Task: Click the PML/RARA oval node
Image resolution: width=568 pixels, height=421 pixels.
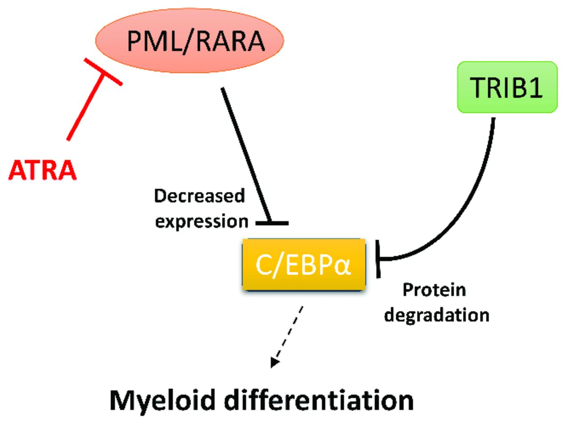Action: pos(189,40)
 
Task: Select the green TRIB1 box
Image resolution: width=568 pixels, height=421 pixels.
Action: pos(507,87)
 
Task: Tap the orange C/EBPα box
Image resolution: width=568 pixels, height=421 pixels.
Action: pos(304,265)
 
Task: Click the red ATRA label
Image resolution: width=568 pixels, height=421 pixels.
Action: pos(43,171)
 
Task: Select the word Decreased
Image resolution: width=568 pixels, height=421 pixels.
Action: pos(199,196)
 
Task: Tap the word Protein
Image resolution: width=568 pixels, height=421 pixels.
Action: pos(434,291)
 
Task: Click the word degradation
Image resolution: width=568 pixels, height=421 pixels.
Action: pos(437,315)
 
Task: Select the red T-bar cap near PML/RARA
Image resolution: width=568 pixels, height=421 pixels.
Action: pos(103,72)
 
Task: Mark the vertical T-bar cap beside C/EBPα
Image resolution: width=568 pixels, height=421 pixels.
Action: pos(378,259)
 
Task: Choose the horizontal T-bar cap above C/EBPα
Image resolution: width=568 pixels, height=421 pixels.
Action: pos(272,222)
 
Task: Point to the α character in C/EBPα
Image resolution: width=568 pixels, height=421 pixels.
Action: pos(343,265)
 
